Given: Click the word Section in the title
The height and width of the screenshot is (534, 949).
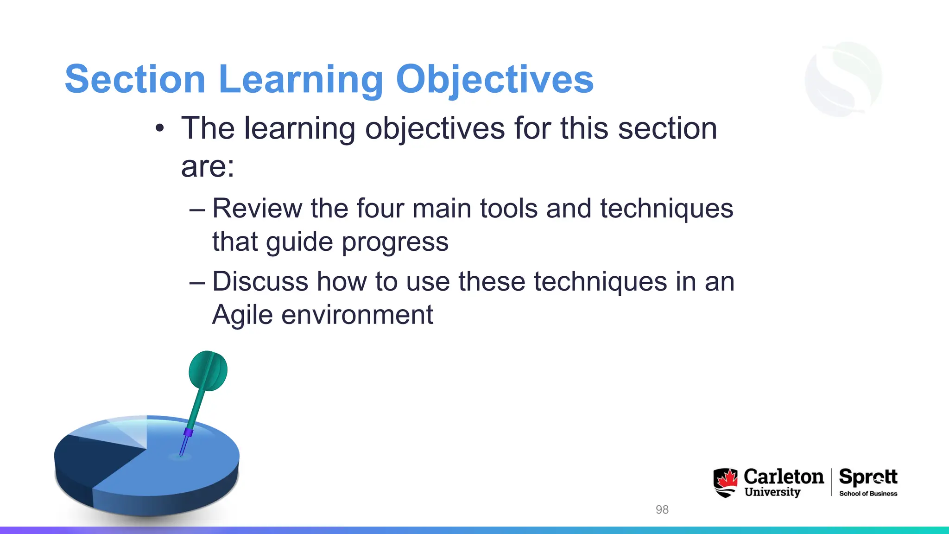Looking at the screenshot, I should tap(135, 79).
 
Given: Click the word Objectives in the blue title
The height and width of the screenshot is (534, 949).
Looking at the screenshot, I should tap(494, 79).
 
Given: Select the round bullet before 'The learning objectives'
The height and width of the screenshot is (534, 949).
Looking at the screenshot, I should tap(160, 128).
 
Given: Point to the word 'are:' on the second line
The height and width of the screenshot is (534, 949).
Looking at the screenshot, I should tap(208, 166).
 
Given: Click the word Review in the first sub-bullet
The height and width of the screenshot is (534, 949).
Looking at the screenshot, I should tap(257, 208).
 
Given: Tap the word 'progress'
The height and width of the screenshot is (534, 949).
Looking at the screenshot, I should tap(395, 242).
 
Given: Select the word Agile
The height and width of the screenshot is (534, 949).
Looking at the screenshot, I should tap(242, 315).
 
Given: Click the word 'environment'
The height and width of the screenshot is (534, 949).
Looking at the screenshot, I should tap(357, 315).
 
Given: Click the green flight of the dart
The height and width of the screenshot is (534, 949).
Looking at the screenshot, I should tap(208, 371).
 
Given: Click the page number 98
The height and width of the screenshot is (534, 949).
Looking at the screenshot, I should tap(662, 509).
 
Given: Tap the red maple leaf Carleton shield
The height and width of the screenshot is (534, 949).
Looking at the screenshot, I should tap(725, 482).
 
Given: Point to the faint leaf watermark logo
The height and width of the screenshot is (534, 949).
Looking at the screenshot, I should tap(843, 79).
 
